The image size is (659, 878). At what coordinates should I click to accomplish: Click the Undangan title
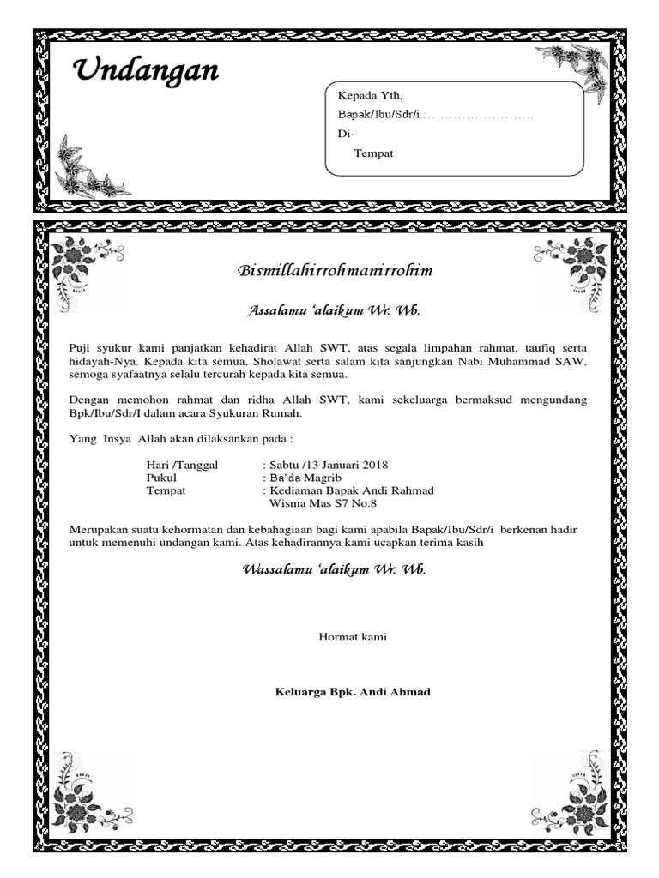144,72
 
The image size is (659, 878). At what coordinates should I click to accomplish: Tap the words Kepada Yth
369,95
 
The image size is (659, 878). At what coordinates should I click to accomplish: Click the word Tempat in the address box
373,153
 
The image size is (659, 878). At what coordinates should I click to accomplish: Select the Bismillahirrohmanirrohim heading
335,271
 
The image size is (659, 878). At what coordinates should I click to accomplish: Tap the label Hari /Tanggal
183,465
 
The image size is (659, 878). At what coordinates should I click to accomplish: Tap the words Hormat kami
353,637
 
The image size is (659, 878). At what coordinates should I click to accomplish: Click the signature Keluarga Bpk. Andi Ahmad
352,692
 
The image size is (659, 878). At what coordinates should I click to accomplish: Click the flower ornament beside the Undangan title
89,171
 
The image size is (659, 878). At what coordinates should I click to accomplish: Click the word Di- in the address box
346,135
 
